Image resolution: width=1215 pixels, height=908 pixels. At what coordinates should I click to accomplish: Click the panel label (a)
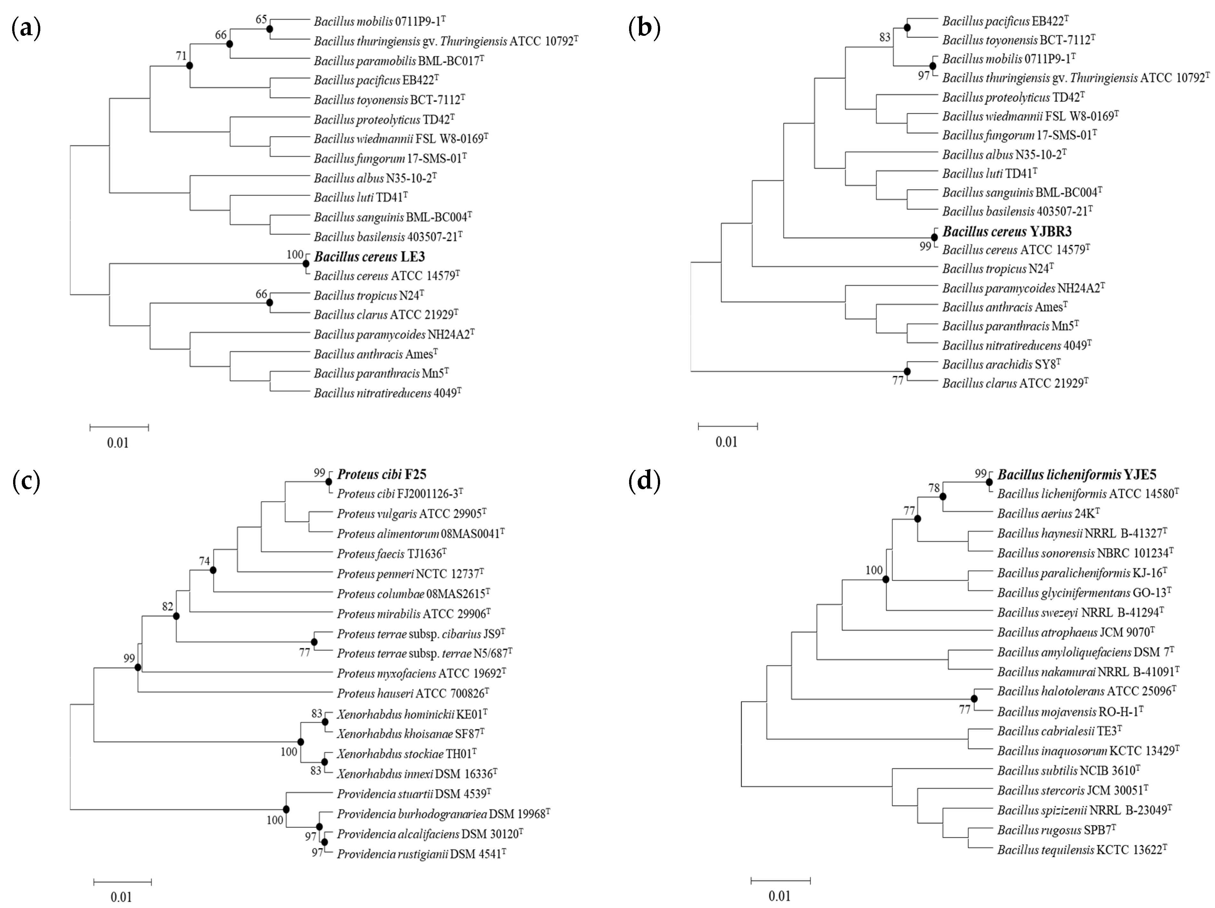coord(26,28)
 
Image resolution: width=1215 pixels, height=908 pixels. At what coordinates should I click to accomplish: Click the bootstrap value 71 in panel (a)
coord(181,56)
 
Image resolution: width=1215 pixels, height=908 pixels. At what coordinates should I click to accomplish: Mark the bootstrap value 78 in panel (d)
coord(934,488)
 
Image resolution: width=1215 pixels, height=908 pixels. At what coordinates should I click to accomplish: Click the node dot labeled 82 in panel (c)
coord(176,616)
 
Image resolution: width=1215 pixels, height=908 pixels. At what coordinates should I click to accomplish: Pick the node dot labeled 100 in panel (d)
coord(886,579)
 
